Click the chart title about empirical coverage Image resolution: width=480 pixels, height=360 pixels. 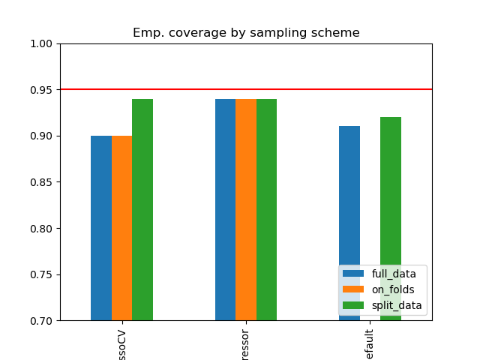point(246,33)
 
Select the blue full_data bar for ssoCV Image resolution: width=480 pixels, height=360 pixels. point(101,228)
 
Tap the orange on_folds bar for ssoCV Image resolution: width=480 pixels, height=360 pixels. point(121,228)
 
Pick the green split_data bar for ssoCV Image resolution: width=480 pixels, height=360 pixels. point(142,210)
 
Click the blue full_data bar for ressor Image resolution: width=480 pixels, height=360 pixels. point(225,210)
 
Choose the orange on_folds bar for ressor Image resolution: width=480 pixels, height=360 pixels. point(246,210)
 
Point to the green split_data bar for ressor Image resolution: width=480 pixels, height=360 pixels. point(266,210)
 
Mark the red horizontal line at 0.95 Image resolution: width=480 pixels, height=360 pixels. point(187,89)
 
